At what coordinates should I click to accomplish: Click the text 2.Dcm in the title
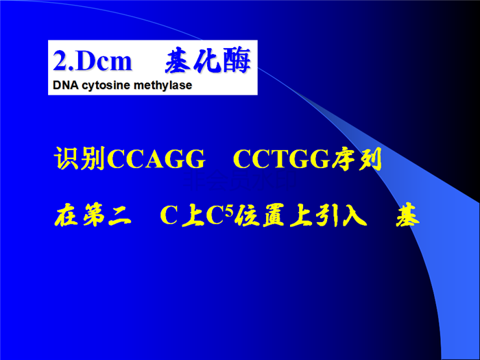point(93,61)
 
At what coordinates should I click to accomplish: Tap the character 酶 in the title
point(237,60)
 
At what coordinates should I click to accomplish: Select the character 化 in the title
point(208,60)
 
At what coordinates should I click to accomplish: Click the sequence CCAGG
point(156,159)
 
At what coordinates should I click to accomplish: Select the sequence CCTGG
point(282,159)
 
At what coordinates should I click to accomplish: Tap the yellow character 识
point(67,158)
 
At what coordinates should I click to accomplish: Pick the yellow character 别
point(93,158)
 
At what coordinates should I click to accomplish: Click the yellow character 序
point(343,158)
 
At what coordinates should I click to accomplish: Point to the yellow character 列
point(370,159)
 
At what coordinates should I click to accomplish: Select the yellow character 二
point(120,216)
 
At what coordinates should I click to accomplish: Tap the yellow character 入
point(355,215)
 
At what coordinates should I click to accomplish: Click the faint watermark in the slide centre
point(240,180)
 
